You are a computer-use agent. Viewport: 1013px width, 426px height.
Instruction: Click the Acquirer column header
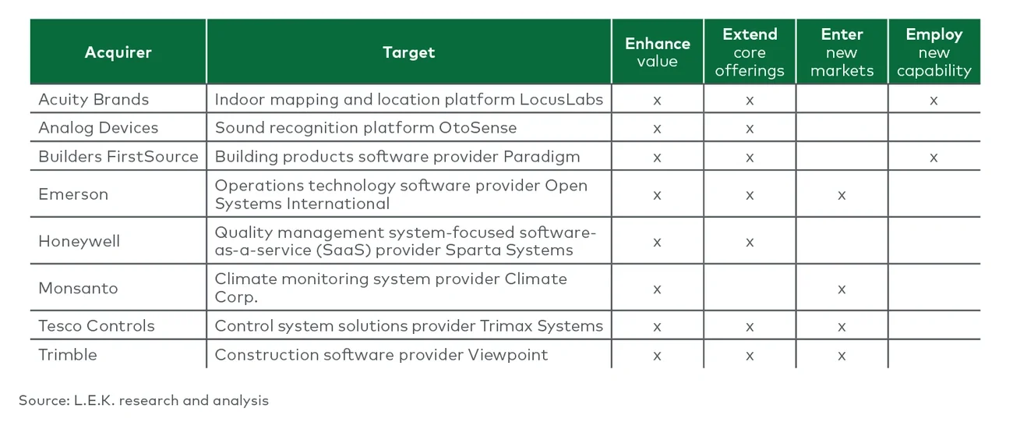pyautogui.click(x=118, y=53)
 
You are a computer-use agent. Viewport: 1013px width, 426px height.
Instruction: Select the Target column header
pyautogui.click(x=408, y=53)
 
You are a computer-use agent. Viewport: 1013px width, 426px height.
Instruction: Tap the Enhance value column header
pyautogui.click(x=657, y=52)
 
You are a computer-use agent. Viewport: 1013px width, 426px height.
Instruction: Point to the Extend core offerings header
pyautogui.click(x=750, y=52)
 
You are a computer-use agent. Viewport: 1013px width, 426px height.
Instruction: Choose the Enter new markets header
pyautogui.click(x=842, y=52)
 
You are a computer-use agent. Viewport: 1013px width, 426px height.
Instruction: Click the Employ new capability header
pyautogui.click(x=934, y=52)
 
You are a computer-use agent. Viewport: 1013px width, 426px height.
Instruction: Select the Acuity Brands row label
pyautogui.click(x=94, y=99)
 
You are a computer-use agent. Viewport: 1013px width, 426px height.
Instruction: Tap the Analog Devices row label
pyautogui.click(x=98, y=128)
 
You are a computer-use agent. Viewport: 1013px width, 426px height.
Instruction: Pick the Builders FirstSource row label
pyautogui.click(x=118, y=157)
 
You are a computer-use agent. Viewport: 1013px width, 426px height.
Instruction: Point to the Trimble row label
pyautogui.click(x=68, y=355)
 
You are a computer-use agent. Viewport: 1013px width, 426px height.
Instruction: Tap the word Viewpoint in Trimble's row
pyautogui.click(x=507, y=355)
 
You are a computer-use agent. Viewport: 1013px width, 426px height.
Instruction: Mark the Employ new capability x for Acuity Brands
pyautogui.click(x=934, y=101)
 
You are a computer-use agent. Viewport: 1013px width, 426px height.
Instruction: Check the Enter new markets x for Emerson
pyautogui.click(x=842, y=195)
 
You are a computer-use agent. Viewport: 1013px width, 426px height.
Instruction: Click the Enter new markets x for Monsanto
pyautogui.click(x=842, y=289)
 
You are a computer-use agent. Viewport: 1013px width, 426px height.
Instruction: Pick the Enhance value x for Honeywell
pyautogui.click(x=657, y=243)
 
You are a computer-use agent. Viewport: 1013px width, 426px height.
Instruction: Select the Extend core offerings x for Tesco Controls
pyautogui.click(x=750, y=327)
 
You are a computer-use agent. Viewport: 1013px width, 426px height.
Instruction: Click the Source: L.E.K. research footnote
pyautogui.click(x=143, y=400)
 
